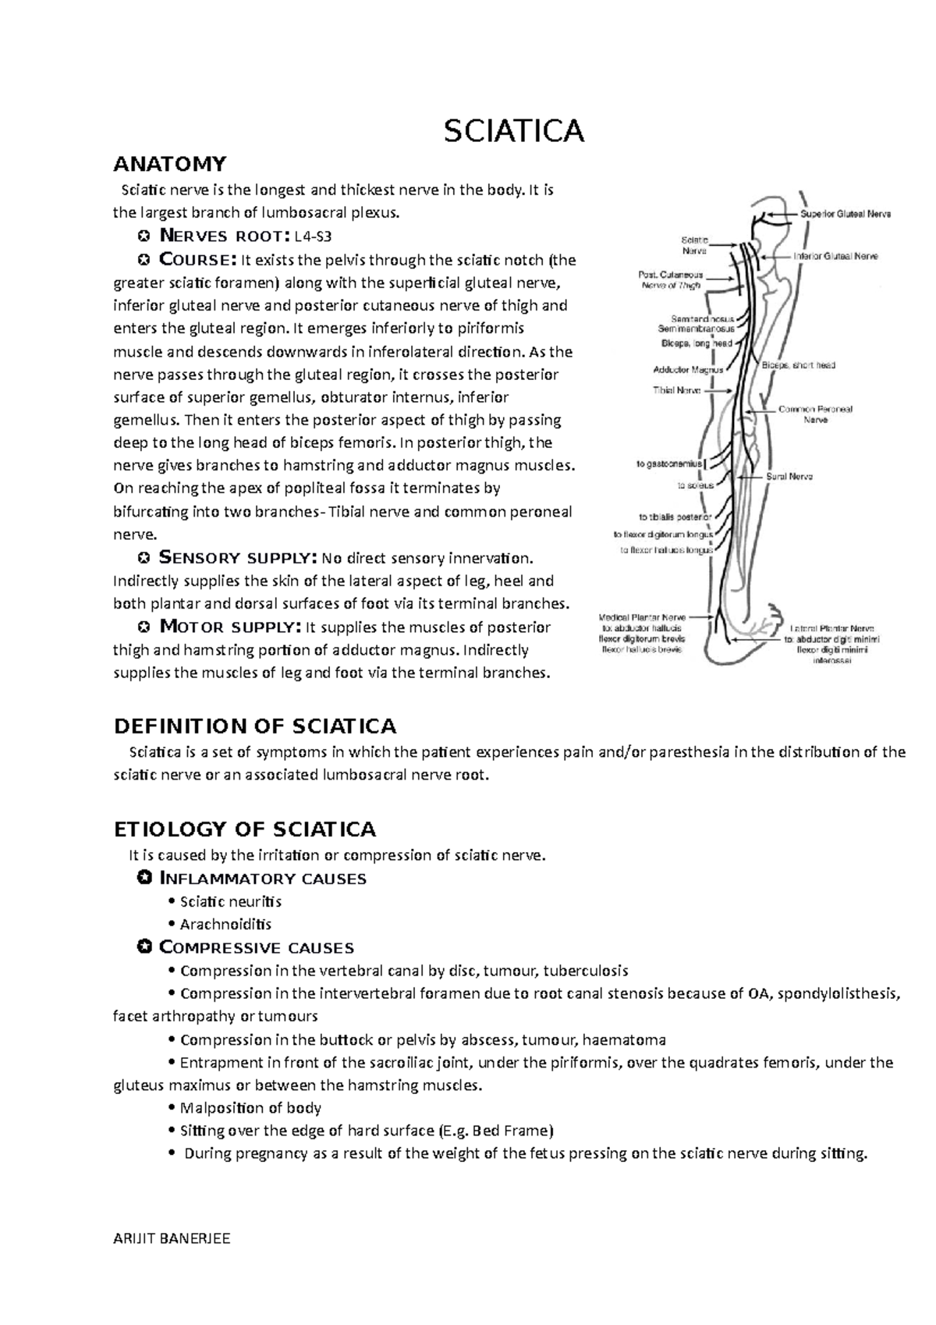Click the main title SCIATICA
(x=514, y=131)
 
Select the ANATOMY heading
(x=170, y=164)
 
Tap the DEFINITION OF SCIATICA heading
(x=255, y=726)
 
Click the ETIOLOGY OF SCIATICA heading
(x=245, y=829)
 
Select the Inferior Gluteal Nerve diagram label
(x=835, y=256)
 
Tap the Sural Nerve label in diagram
(x=789, y=476)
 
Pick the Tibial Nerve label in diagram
(x=676, y=390)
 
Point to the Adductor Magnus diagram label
(x=688, y=370)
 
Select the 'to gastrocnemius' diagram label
(x=668, y=464)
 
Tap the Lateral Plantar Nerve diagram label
(x=831, y=628)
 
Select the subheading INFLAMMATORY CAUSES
(x=262, y=879)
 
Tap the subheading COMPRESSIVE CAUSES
(x=256, y=948)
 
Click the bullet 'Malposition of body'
(x=250, y=1108)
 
